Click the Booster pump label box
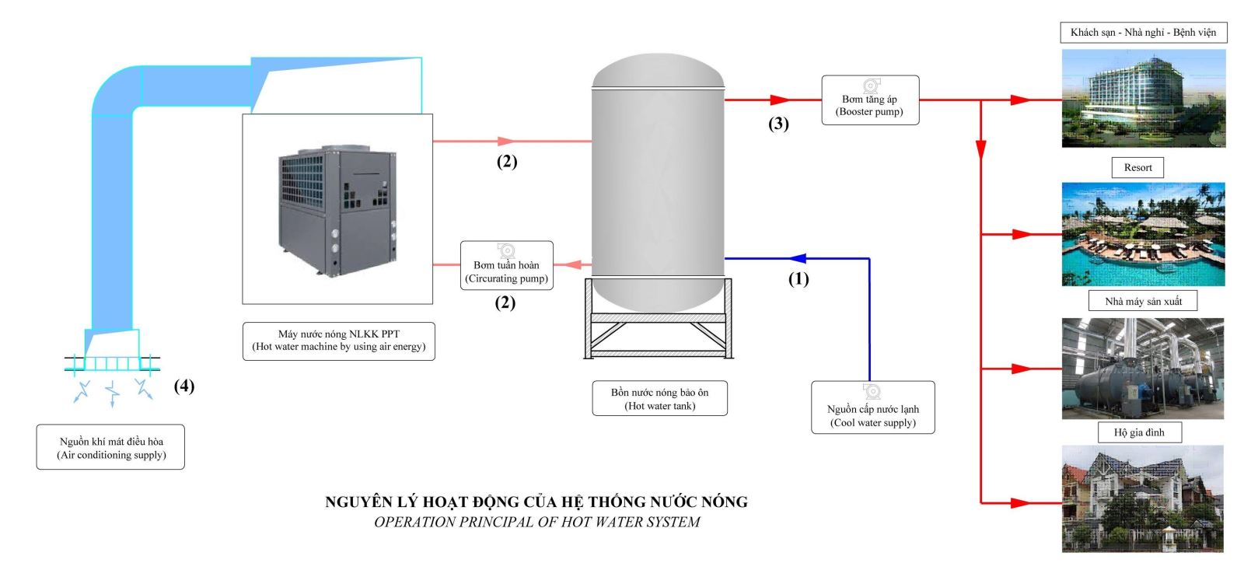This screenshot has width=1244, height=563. coord(870,100)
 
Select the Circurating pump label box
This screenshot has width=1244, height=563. coord(506,266)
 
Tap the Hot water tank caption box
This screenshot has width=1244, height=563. coord(659,398)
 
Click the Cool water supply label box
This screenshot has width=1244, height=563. coord(872,407)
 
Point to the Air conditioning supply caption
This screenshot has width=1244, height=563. coord(110,447)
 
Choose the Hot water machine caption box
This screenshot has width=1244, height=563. coord(338,341)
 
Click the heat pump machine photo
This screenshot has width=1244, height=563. coord(337,208)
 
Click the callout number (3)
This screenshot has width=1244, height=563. coord(778,124)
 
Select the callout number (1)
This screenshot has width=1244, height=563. coord(798,278)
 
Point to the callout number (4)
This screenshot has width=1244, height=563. coord(183,386)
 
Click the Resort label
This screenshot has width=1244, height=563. coord(1137,167)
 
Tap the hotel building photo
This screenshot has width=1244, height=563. coord(1143,99)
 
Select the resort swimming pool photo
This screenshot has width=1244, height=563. coord(1143,234)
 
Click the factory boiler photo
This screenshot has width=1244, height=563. coord(1142,369)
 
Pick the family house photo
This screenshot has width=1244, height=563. coord(1142,498)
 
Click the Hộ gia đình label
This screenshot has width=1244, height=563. coord(1139,432)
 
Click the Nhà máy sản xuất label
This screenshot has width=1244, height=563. coord(1143,301)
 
